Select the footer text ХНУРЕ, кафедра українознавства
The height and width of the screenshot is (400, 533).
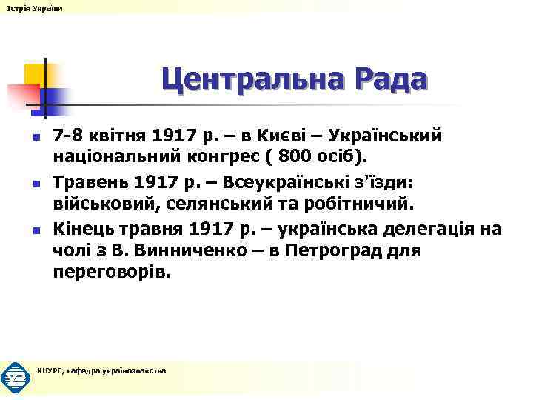click(x=101, y=370)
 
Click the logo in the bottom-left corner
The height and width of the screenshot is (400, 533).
click(x=16, y=377)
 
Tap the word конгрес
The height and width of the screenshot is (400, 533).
click(x=240, y=157)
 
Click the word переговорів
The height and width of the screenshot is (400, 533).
click(x=111, y=272)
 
